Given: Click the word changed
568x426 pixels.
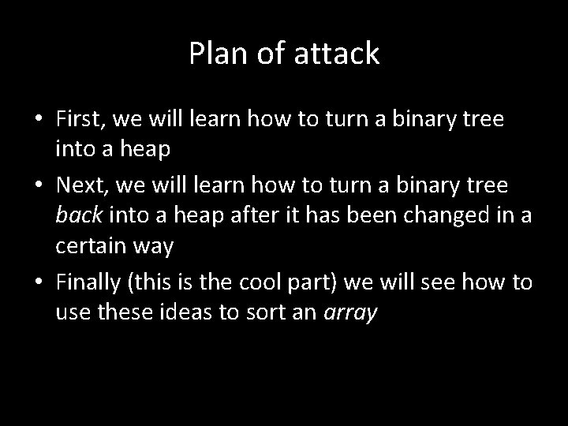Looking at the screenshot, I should point(447,216).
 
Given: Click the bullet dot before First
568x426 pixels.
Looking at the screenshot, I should point(38,119).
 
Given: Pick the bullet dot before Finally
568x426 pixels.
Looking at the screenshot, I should point(38,282).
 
